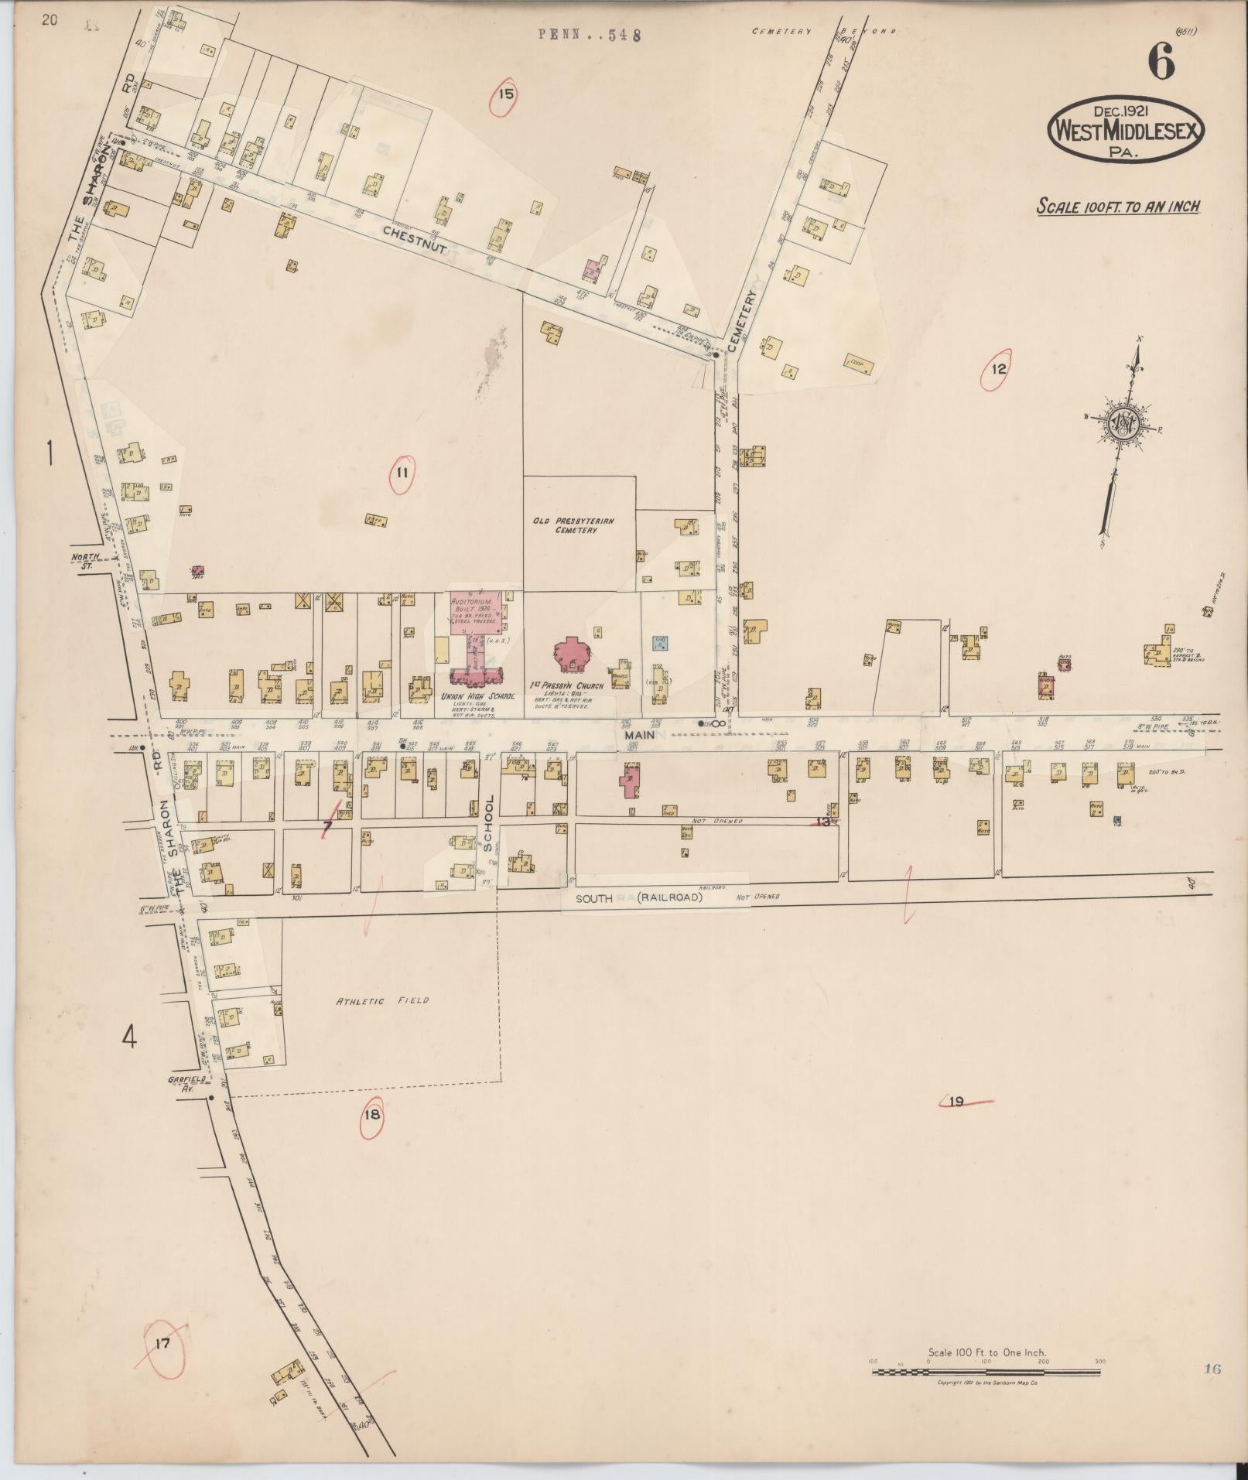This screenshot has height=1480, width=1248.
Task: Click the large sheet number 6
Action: tap(1161, 61)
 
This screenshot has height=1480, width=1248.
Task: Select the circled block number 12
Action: tap(998, 369)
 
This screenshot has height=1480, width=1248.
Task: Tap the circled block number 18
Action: tap(372, 1115)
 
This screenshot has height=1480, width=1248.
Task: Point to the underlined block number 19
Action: tap(956, 1102)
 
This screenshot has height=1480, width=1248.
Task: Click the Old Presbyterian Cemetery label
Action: tap(573, 525)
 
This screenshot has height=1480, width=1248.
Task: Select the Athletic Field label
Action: tap(382, 1000)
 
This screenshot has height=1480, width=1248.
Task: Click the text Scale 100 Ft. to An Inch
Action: tap(1118, 207)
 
